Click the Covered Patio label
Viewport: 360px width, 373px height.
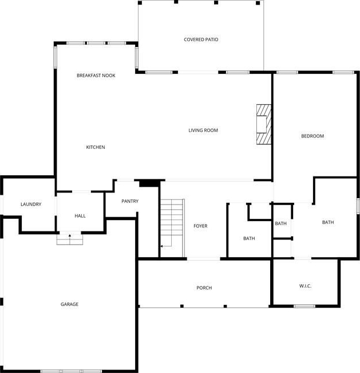click(201, 40)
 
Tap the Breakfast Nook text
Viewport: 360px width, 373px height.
click(96, 76)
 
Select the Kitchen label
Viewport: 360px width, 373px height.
click(96, 147)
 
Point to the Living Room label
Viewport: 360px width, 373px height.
click(203, 131)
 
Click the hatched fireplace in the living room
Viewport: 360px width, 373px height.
click(264, 124)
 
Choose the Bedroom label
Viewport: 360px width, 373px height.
click(312, 136)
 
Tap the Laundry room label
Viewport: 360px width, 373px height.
click(31, 204)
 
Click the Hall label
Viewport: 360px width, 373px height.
click(80, 216)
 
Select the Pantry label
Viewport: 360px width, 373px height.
click(130, 201)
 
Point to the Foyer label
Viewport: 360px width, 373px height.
click(200, 226)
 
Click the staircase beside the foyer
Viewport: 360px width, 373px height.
click(172, 228)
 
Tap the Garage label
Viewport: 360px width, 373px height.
click(69, 304)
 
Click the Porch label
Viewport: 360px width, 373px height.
click(204, 288)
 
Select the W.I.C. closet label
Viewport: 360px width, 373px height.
click(306, 286)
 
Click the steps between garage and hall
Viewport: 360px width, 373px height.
click(70, 239)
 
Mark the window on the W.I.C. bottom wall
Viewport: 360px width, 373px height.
click(304, 306)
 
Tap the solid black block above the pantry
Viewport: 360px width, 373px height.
click(149, 183)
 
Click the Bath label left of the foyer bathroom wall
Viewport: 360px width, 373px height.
click(249, 238)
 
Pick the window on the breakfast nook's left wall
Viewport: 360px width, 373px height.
click(55, 57)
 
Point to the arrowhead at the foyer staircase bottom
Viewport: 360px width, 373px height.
click(161, 246)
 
